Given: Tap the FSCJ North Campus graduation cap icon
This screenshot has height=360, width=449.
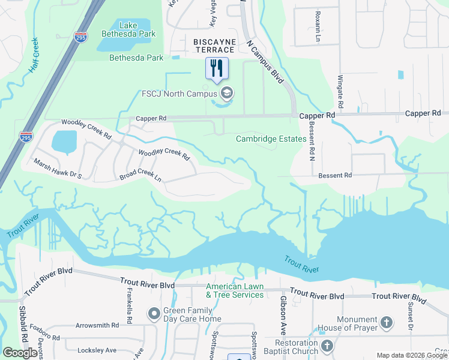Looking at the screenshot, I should (x=227, y=93).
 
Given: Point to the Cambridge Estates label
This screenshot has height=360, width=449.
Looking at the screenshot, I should (x=271, y=139).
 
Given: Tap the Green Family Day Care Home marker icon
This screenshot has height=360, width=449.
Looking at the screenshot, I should (x=154, y=313).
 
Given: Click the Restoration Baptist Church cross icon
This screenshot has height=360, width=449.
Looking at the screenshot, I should (x=327, y=346).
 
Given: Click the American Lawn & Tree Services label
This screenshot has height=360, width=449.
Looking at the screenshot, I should (x=235, y=290).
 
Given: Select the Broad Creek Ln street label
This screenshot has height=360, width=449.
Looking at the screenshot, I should (x=140, y=178).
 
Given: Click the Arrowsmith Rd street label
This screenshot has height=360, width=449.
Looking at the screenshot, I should (x=97, y=325).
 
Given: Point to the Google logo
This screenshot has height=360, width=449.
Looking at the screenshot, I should (x=20, y=353).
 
